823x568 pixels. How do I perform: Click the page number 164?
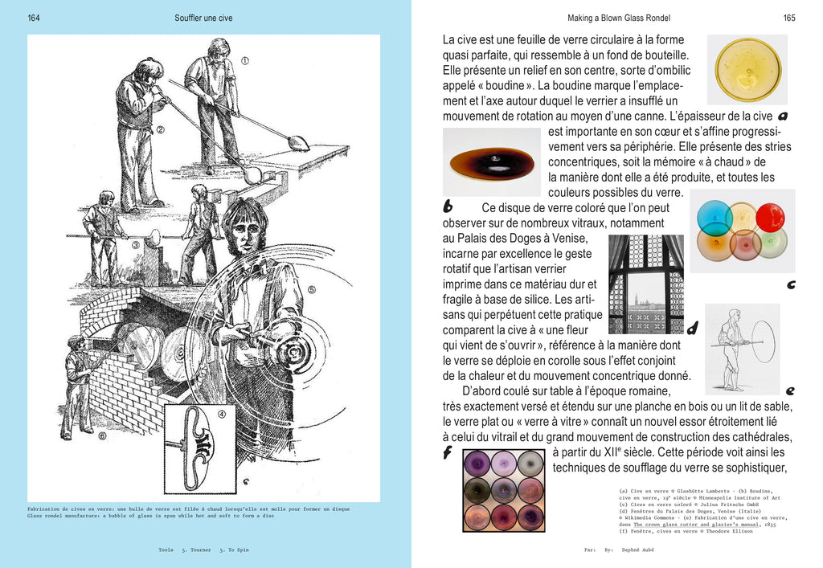coord(34,18)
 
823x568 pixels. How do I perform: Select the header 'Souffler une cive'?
coord(203,18)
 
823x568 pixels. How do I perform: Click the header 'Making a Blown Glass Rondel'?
coord(618,18)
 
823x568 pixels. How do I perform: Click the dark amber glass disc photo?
coord(491,162)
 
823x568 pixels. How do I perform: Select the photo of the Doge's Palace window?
coord(646,284)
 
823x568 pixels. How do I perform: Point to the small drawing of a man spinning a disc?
coord(743,348)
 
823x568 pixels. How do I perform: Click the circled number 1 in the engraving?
coord(245,60)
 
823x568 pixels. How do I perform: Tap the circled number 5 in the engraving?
coord(312,290)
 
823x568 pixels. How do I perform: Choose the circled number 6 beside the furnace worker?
coord(101,436)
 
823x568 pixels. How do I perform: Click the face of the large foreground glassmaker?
coord(246,233)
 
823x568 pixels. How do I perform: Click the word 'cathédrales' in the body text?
coord(760,436)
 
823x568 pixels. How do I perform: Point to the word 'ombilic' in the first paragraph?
coord(669,70)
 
